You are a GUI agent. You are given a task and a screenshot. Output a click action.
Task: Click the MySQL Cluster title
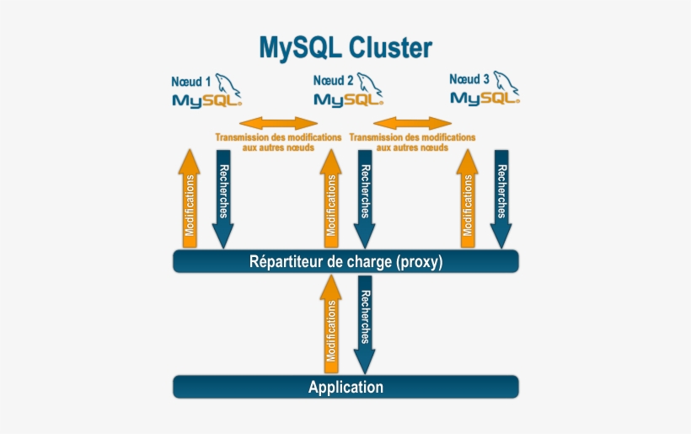[345, 47]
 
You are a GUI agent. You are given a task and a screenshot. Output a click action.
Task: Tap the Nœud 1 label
[190, 83]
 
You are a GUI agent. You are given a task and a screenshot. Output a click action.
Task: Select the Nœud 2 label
[333, 81]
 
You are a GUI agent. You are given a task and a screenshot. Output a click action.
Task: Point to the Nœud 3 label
[469, 79]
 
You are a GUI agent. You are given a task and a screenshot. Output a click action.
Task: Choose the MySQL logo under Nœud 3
[484, 98]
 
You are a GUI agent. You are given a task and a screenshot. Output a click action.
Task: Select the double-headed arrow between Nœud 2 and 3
[413, 124]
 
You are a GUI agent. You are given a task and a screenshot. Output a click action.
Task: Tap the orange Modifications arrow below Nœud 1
[190, 199]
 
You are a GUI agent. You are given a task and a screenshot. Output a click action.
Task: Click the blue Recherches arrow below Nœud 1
[223, 199]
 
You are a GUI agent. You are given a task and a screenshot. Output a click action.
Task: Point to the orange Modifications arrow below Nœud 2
[331, 199]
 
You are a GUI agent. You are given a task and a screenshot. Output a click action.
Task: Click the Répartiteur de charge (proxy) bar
[345, 262]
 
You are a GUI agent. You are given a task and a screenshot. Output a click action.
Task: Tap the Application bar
[345, 388]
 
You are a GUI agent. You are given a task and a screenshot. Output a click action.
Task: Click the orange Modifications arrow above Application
[331, 325]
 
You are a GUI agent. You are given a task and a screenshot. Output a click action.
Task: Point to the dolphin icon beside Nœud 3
[506, 83]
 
